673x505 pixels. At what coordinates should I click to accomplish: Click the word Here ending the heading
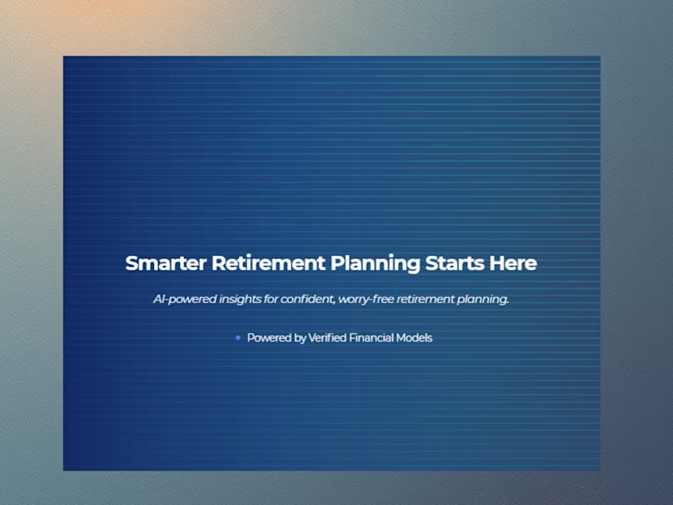pos(512,263)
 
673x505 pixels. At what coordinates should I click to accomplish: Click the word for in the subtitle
pos(280,299)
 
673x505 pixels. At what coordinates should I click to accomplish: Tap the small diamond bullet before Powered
pos(238,338)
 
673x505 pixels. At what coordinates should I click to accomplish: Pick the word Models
pos(417,338)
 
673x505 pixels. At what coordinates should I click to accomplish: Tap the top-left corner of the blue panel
pos(64,57)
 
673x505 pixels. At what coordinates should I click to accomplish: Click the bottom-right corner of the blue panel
pos(599,469)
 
